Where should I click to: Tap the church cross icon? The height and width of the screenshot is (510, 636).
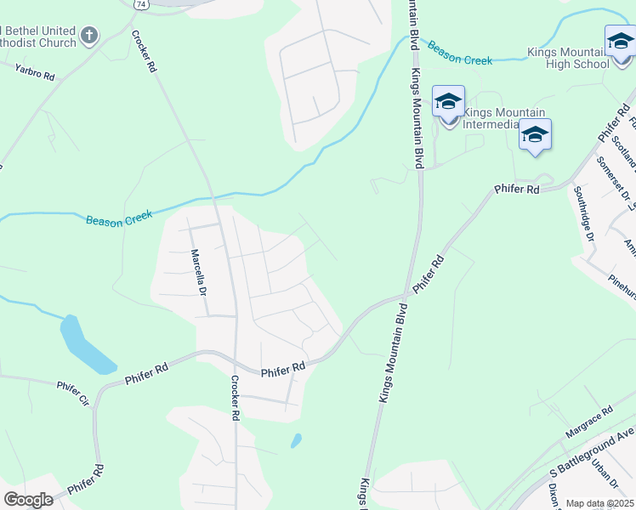point(88,37)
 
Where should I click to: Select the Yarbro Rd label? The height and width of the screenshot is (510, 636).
point(34,71)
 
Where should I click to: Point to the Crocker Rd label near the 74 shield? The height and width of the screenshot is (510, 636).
point(145,52)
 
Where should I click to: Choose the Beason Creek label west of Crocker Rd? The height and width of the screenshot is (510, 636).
point(120,220)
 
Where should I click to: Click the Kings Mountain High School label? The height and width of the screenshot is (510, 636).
point(575,57)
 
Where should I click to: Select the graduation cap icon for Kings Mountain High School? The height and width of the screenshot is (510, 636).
point(620,40)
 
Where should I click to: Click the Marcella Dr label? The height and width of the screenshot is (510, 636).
point(199,271)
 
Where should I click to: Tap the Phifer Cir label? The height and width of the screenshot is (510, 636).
point(73,394)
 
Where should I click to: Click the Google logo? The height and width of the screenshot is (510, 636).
point(28,500)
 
